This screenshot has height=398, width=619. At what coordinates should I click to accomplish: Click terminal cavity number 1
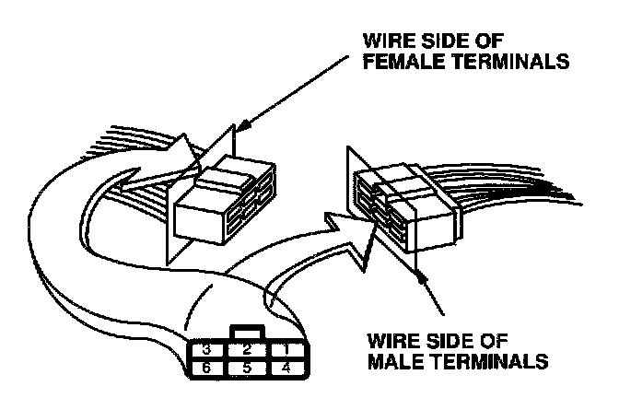(x=286, y=350)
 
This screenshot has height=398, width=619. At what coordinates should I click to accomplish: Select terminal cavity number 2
(x=247, y=350)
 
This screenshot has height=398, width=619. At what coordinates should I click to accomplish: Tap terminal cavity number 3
(x=207, y=350)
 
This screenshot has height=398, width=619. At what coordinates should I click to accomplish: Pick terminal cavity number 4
(x=286, y=369)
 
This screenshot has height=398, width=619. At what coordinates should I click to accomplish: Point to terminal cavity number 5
(x=247, y=369)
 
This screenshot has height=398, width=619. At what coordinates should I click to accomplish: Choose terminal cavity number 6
(x=207, y=369)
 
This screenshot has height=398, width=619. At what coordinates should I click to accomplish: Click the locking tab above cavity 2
(x=247, y=331)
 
